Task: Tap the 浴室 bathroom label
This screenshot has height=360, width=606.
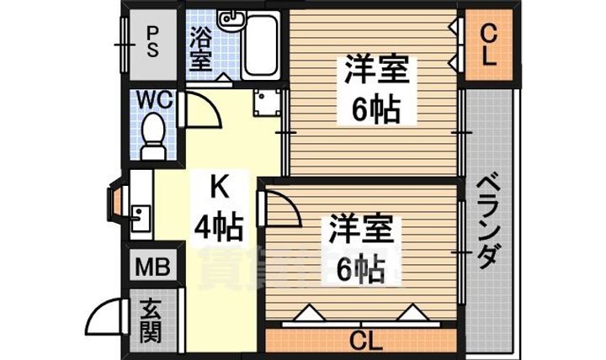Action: pos(200,49)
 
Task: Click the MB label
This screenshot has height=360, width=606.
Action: pos(152,268)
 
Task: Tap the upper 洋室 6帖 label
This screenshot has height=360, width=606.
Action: pos(375,89)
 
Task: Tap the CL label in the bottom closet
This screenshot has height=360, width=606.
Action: pos(364,341)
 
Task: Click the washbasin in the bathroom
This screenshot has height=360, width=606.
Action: pos(227,19)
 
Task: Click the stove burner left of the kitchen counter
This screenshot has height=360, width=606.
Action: pos(113,203)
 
